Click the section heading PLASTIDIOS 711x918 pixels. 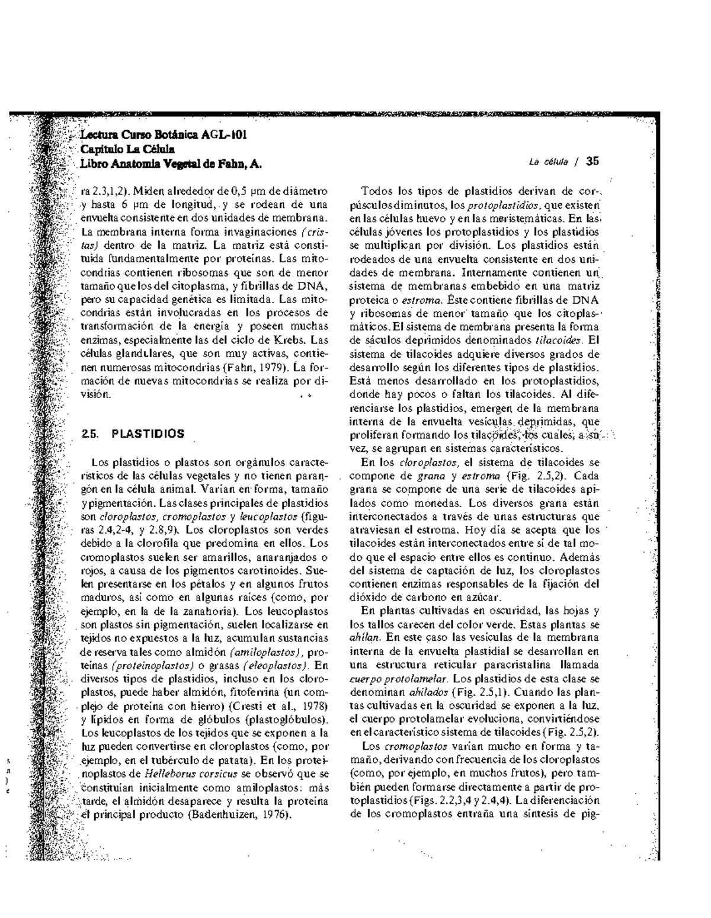point(148,434)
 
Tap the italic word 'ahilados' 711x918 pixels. point(429,691)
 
